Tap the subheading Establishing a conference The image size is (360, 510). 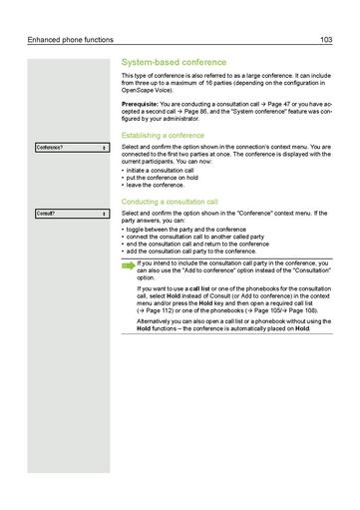(x=163, y=135)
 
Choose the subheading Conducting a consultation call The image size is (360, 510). (x=179, y=202)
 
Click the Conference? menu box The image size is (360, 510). (x=71, y=148)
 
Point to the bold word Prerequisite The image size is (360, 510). (x=139, y=103)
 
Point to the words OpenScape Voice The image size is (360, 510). (x=145, y=91)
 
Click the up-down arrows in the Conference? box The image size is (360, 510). (x=104, y=148)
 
